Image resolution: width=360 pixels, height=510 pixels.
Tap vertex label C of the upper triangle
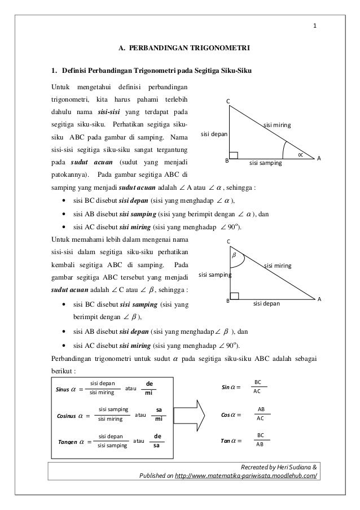click(229, 101)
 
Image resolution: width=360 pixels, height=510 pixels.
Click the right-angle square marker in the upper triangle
click(234, 155)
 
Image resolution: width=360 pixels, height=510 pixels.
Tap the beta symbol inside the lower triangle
click(234, 255)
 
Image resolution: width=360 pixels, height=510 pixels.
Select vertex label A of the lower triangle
click(319, 298)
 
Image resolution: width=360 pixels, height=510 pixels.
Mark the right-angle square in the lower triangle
click(234, 295)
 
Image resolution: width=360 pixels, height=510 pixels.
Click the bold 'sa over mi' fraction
click(159, 415)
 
